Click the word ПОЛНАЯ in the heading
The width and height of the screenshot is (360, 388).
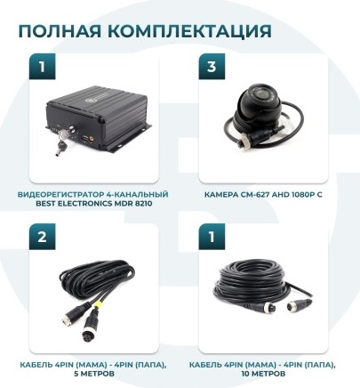[60, 32]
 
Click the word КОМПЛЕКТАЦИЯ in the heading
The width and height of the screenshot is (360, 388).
[188, 32]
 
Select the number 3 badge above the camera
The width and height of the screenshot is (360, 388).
[210, 66]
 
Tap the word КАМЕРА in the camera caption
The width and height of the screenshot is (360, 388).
[223, 193]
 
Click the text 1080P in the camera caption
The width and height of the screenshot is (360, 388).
[307, 193]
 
